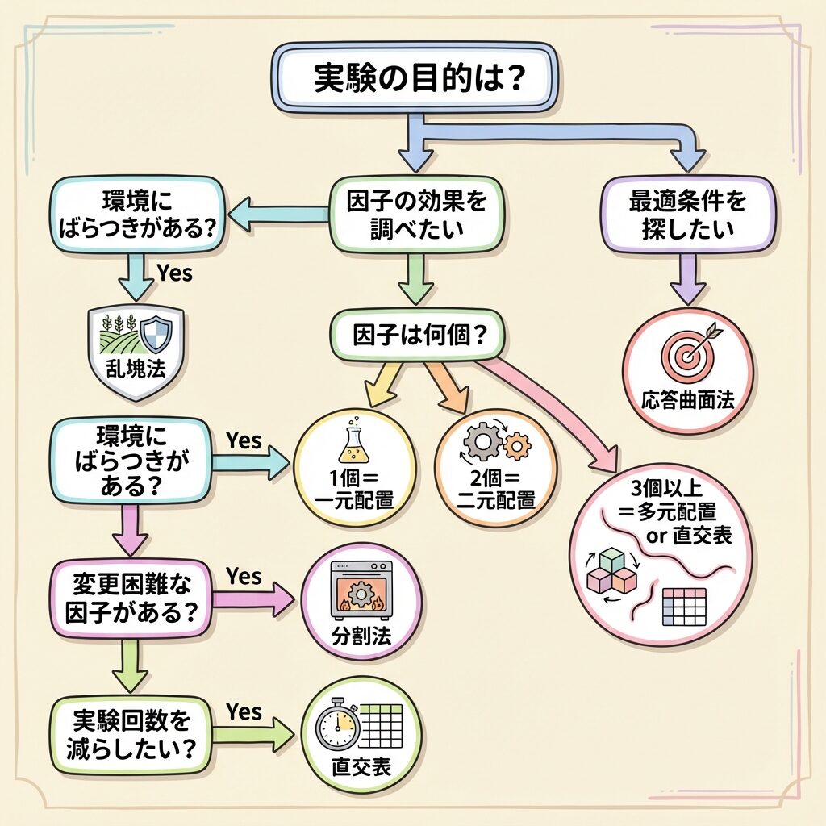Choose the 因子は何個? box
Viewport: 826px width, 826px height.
(x=416, y=333)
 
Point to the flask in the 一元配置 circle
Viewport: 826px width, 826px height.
(x=353, y=442)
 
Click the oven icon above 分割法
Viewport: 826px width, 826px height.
(x=361, y=590)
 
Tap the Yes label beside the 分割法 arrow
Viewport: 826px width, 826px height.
(x=244, y=576)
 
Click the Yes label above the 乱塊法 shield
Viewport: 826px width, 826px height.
(x=174, y=273)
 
